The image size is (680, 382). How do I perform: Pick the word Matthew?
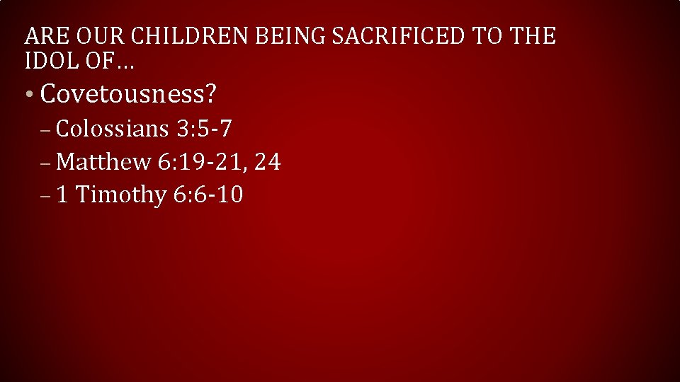[103, 162]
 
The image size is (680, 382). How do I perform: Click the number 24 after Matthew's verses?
[267, 162]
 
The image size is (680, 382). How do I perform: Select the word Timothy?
[120, 194]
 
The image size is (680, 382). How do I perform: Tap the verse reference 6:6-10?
[208, 194]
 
